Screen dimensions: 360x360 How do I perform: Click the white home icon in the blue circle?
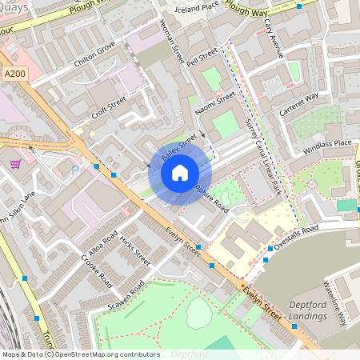(x=180, y=172)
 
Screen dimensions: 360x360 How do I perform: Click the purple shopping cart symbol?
(x=15, y=164)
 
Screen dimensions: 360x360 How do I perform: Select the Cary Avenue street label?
(x=274, y=39)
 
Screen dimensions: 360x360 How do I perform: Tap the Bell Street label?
(x=202, y=58)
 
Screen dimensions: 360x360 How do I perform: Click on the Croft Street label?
(x=109, y=107)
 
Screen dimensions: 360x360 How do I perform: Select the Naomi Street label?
(x=216, y=103)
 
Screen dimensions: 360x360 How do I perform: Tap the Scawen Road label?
(x=126, y=298)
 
